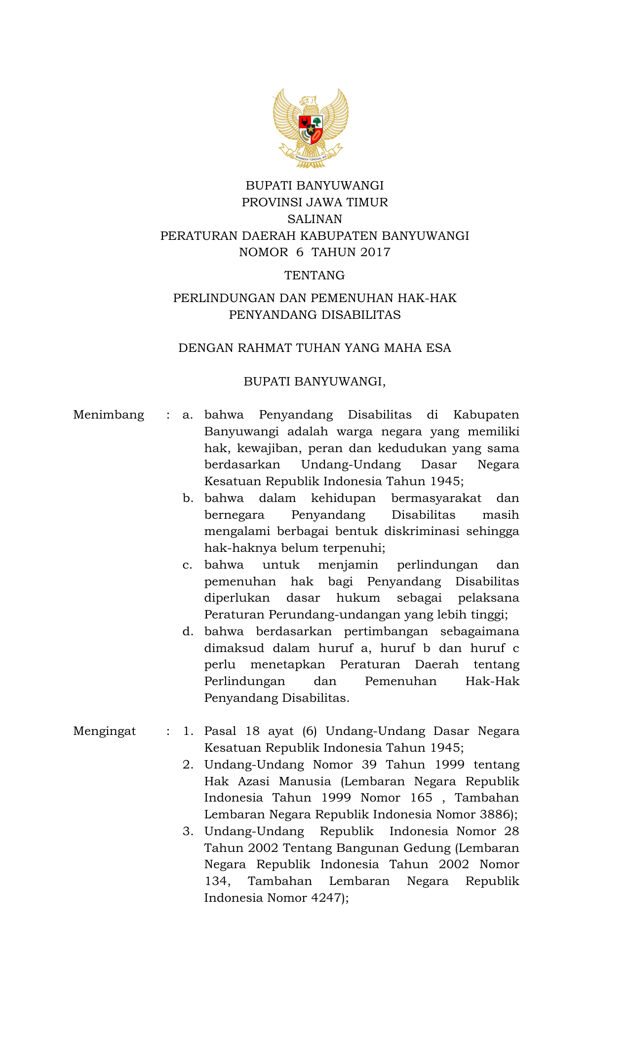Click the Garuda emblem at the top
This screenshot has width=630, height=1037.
coord(311,127)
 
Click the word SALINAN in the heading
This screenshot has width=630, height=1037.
coord(315,219)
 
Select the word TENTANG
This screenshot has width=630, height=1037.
coord(315,275)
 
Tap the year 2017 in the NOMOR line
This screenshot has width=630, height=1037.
coord(375,252)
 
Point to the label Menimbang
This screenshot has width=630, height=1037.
coord(109,415)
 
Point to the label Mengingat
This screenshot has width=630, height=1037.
coord(104,731)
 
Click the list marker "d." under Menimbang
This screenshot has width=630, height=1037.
coord(188,632)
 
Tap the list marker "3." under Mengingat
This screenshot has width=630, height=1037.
coord(188,832)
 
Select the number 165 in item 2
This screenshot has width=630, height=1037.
coord(421,798)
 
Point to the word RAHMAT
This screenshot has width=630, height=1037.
coord(265,348)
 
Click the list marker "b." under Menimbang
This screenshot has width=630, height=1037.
coord(188,499)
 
